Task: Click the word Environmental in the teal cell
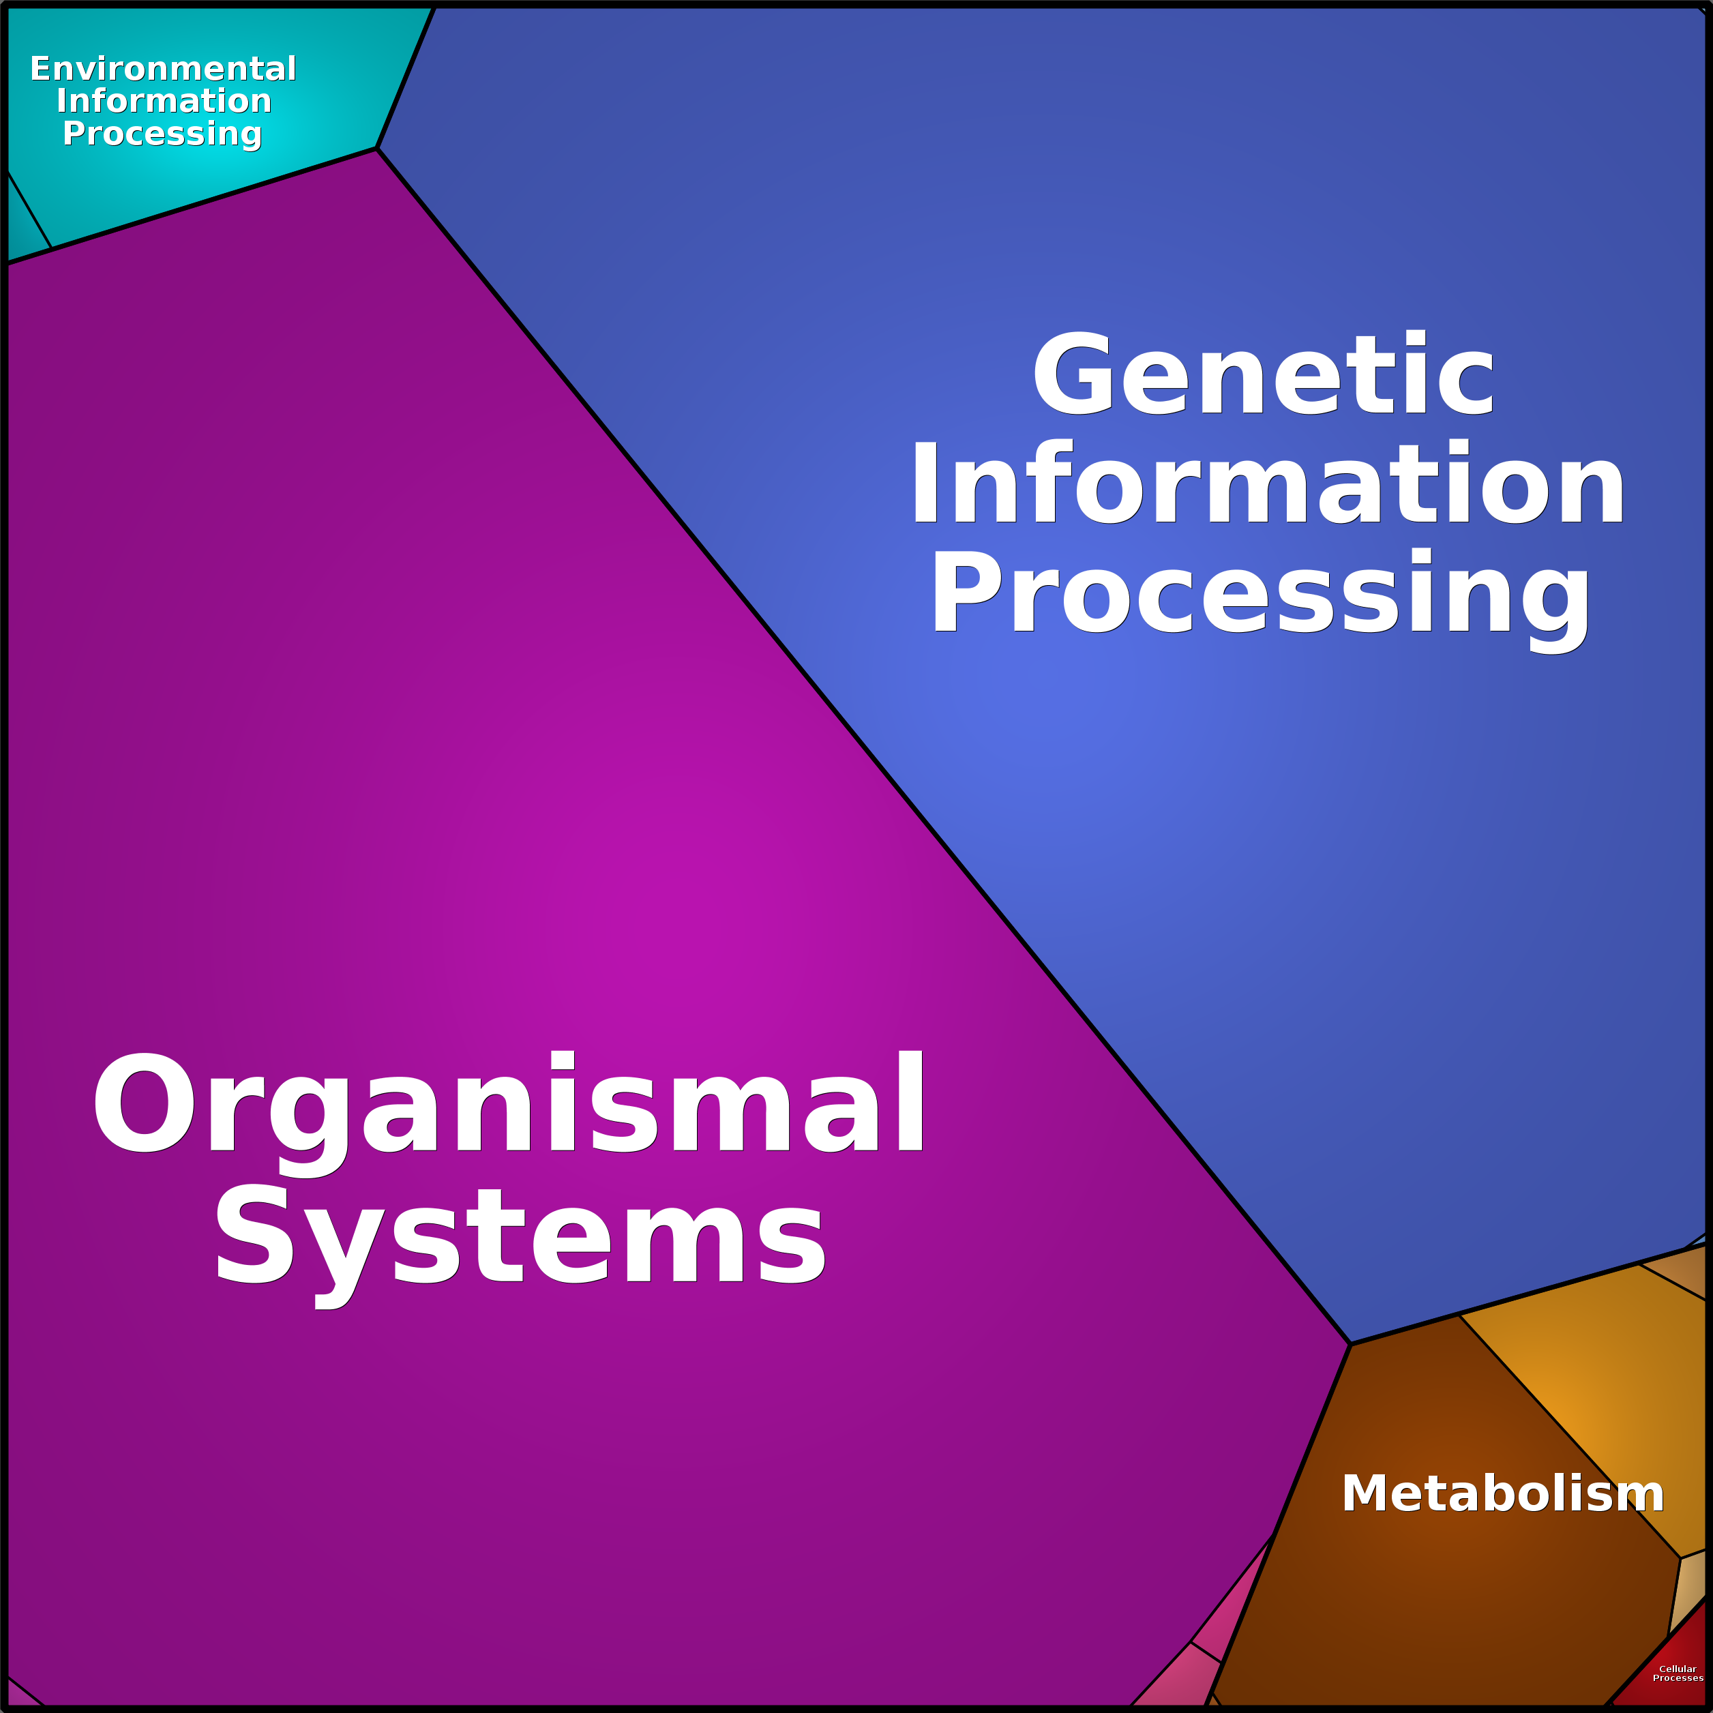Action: [x=163, y=68]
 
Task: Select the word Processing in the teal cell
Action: [x=162, y=134]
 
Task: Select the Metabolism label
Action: [x=1502, y=1493]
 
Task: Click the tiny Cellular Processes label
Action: [x=1678, y=1672]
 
